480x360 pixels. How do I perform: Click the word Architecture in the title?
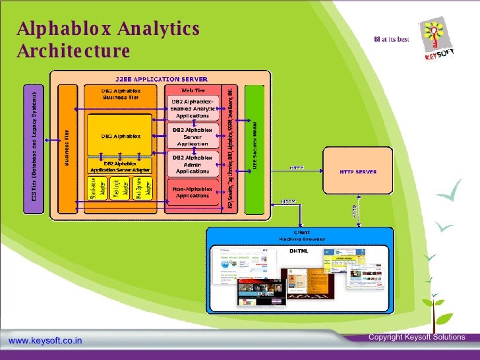pos(73,51)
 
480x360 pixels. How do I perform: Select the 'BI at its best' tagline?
pos(392,40)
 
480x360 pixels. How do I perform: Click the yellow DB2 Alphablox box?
pos(119,136)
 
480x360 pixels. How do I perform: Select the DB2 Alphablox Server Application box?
pos(192,136)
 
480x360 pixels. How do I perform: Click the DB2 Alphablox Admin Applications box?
pos(192,164)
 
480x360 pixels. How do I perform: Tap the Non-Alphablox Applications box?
pos(192,191)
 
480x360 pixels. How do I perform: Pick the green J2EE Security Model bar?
pos(255,148)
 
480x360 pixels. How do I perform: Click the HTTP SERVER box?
pos(357,171)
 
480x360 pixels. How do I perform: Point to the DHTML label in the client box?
pos(299,251)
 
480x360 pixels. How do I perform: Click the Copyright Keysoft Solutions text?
pos(417,337)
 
